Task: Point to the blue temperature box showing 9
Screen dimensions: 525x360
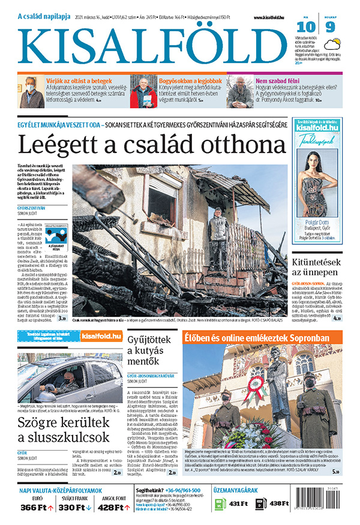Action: click(x=330, y=27)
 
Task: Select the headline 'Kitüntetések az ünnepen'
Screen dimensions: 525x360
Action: click(x=316, y=268)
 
